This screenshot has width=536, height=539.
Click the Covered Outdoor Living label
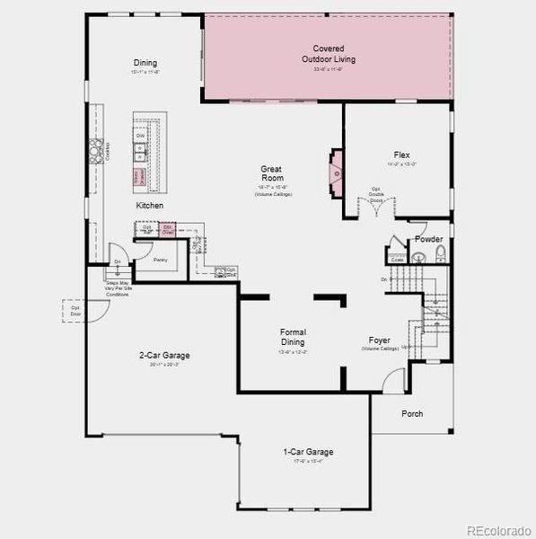(328, 54)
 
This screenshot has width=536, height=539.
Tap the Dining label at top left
(145, 63)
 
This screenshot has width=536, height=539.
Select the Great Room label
(272, 173)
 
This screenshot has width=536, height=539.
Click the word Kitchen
(150, 206)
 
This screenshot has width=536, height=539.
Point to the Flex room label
(401, 155)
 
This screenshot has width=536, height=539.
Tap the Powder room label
(428, 239)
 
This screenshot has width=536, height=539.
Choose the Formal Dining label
(293, 337)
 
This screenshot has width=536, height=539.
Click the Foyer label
(379, 340)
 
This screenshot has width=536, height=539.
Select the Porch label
(412, 414)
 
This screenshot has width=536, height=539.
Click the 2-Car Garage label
(164, 355)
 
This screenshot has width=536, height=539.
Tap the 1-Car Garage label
(308, 452)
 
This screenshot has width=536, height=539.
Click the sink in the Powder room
(417, 258)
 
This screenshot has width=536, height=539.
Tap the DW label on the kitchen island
(141, 136)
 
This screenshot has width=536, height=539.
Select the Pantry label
(160, 260)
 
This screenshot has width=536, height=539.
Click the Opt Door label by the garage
(76, 311)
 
